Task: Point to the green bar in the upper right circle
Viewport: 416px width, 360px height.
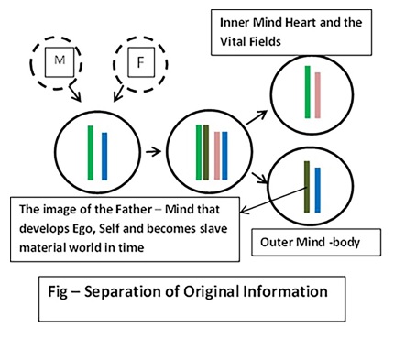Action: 308,92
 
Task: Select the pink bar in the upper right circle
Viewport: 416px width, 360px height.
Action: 318,95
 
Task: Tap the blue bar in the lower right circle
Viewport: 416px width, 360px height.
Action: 317,191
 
